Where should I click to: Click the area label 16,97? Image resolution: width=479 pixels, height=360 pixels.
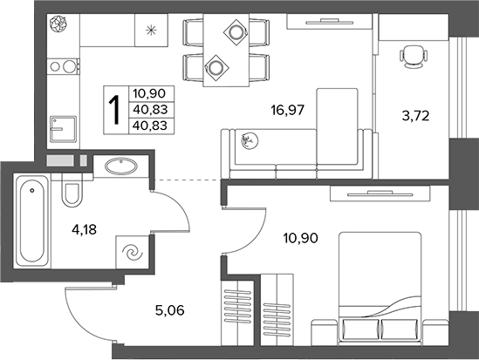(287, 110)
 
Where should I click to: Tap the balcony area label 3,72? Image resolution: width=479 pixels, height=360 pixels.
(415, 116)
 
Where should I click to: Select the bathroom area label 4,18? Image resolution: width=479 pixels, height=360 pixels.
(85, 229)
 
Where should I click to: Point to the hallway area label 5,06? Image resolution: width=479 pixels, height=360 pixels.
(170, 310)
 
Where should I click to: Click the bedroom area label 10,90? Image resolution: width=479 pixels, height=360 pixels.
(301, 238)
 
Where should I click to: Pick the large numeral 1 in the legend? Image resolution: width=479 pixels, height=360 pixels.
(115, 110)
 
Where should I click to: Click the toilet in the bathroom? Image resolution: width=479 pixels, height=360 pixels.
(72, 190)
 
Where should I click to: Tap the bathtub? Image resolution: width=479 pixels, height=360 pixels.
(32, 221)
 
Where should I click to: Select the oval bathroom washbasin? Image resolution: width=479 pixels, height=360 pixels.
(121, 166)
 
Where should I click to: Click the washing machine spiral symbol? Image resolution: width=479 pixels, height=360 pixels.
(133, 253)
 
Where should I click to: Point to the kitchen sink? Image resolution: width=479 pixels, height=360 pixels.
(63, 129)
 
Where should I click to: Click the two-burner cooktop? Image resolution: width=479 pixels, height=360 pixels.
(63, 66)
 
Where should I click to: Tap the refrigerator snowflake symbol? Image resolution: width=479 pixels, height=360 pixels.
(151, 31)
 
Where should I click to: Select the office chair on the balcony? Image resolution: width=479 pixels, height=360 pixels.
(413, 56)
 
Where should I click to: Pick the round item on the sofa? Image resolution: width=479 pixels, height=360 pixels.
(250, 140)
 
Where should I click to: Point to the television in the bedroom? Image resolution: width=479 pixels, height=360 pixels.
(380, 194)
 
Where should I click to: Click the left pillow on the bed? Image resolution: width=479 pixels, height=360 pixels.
(361, 329)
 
